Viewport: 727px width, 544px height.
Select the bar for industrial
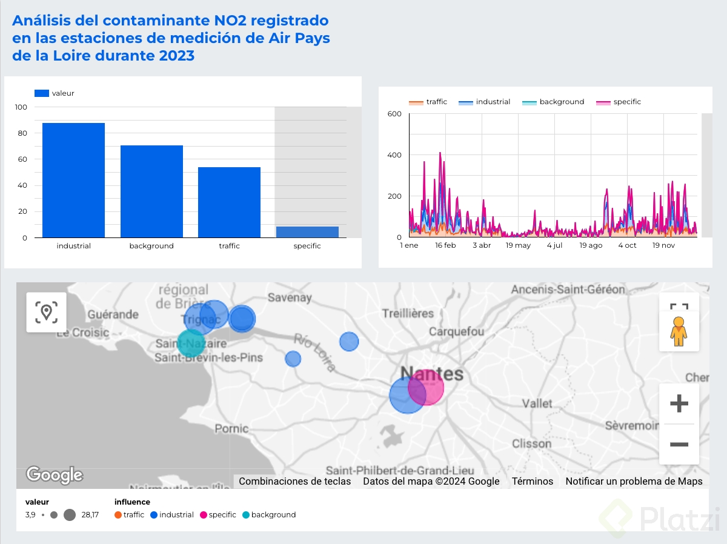[x=73, y=180]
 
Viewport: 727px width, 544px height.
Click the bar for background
[x=151, y=191]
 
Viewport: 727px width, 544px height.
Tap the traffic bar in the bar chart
[x=229, y=202]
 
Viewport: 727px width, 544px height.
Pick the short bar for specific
[x=307, y=232]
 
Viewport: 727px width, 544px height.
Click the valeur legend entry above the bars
[x=55, y=93]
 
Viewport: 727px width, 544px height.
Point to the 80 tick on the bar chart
[x=21, y=133]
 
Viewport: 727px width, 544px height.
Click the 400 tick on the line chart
[x=394, y=155]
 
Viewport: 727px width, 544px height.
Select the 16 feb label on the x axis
[x=445, y=245]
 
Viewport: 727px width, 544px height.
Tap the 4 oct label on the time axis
[x=627, y=245]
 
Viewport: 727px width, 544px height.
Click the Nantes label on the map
[x=432, y=373]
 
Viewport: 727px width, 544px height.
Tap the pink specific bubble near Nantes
[x=427, y=387]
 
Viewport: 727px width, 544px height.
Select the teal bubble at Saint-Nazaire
[x=191, y=343]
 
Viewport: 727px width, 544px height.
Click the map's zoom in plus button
[x=679, y=403]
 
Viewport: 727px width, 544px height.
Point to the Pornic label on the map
[x=231, y=429]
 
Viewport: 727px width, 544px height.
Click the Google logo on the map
[x=55, y=475]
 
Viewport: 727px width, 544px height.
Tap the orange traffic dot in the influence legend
[x=118, y=515]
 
